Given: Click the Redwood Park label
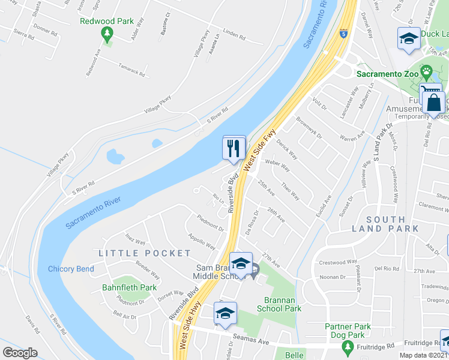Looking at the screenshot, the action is (107, 21).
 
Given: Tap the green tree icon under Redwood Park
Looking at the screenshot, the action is (107, 35).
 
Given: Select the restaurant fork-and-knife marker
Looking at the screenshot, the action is (234, 147).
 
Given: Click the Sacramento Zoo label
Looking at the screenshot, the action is (387, 74).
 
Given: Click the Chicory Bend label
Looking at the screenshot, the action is (71, 269).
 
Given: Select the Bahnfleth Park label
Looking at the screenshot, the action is (128, 287).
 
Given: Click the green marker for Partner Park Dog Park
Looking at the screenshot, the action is (347, 347).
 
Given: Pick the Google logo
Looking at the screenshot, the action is (20, 353).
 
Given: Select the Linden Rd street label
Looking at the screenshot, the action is (234, 36).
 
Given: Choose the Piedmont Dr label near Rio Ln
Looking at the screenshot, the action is (211, 223).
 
